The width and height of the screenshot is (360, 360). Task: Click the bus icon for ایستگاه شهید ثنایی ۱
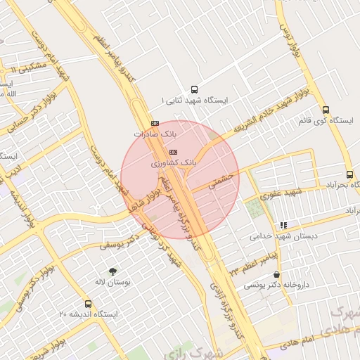tap(195, 89)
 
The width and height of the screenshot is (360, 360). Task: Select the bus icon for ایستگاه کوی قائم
tap(326, 110)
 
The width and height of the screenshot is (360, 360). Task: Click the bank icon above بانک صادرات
tap(155, 122)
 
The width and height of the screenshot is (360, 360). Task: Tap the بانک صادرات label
tap(153, 133)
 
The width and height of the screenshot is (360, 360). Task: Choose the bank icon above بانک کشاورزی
tap(174, 152)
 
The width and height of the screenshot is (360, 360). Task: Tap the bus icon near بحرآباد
tap(349, 174)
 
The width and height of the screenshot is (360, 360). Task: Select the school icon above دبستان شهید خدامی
tap(283, 225)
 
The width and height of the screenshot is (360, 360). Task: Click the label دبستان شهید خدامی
tap(279, 236)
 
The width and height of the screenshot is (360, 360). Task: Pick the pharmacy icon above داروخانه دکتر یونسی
tap(276, 274)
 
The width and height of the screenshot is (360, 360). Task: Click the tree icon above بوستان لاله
tap(112, 271)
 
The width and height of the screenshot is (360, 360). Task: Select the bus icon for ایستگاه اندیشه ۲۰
tap(88, 304)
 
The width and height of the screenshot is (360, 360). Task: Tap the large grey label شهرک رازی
tap(219, 351)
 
